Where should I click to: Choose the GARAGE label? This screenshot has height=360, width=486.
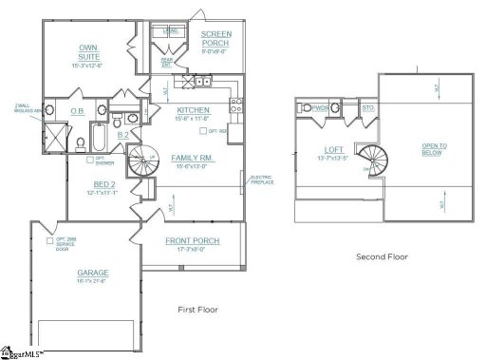click(93, 274)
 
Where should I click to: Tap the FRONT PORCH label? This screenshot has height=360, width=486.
click(193, 241)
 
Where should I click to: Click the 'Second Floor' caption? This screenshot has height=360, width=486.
click(382, 256)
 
